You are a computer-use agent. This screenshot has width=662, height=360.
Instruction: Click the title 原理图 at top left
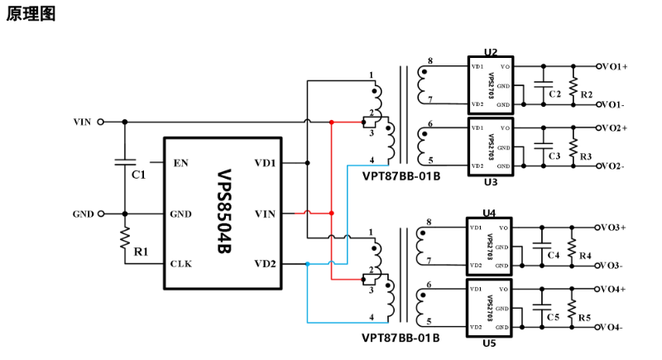click(x=31, y=15)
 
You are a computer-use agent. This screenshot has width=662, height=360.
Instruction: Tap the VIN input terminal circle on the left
click(x=101, y=122)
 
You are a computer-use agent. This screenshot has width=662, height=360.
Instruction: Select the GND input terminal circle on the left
click(x=101, y=214)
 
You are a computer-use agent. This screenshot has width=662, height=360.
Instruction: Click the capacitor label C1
click(x=139, y=174)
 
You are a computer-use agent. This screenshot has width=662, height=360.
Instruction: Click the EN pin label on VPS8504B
click(x=180, y=163)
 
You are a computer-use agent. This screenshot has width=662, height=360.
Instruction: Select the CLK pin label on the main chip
click(x=181, y=264)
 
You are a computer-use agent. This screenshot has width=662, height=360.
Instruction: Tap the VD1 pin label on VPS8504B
click(x=266, y=163)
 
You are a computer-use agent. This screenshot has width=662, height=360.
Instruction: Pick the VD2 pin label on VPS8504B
click(x=266, y=264)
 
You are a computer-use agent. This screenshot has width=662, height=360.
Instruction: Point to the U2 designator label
click(x=492, y=52)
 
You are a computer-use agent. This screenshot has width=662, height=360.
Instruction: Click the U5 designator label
click(x=490, y=343)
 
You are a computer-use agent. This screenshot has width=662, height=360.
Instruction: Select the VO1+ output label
click(x=614, y=65)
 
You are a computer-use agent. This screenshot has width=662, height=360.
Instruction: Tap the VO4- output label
click(x=613, y=328)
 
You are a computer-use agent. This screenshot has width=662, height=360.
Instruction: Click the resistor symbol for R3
click(x=571, y=146)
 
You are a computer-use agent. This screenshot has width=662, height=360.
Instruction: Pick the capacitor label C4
click(x=554, y=256)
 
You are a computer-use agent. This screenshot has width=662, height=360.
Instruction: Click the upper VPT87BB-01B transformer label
click(x=401, y=175)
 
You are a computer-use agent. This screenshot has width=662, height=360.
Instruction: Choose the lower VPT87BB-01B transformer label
click(x=401, y=337)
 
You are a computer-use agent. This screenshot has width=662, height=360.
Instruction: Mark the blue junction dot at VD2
click(x=307, y=264)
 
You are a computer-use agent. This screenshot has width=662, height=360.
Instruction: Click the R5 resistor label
click(x=585, y=318)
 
